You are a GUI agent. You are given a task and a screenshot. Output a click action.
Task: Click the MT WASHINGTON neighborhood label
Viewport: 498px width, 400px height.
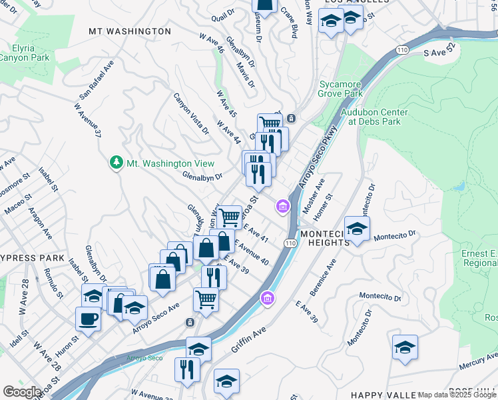pyautogui.click(x=130, y=31)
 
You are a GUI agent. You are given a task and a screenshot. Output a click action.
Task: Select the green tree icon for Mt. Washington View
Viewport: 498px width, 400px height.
pyautogui.click(x=117, y=163)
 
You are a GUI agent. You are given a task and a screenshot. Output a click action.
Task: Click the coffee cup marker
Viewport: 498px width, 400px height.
pyautogui.click(x=89, y=319)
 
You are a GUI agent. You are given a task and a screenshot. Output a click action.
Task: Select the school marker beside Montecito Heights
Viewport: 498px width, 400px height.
pyautogui.click(x=358, y=229)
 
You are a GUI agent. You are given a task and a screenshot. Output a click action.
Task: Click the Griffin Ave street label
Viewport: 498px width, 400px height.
pyautogui.click(x=249, y=338)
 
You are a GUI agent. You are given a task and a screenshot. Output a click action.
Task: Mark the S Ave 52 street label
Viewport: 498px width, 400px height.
pyautogui.click(x=442, y=51)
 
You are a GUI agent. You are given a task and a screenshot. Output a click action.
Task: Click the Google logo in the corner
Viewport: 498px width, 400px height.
pyautogui.click(x=22, y=391)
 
